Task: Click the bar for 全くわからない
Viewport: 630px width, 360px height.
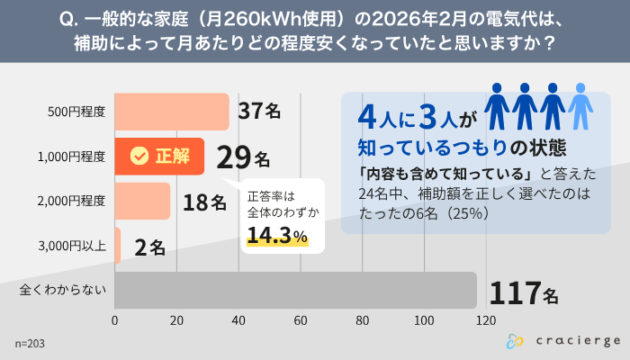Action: tap(295, 290)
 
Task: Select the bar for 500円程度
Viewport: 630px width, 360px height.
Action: tap(172, 112)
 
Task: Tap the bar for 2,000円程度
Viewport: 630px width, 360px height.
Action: tap(142, 201)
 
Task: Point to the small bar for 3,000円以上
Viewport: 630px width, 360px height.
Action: tap(118, 246)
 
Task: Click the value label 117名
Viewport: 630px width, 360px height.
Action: tap(523, 292)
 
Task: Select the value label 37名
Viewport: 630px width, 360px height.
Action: tap(260, 112)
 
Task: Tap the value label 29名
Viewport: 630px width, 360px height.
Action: tap(243, 157)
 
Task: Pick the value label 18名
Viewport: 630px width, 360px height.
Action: tap(204, 202)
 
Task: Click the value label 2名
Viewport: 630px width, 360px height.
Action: tap(149, 247)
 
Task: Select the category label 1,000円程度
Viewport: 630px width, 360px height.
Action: tap(71, 157)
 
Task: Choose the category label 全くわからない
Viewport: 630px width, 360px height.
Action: tap(63, 290)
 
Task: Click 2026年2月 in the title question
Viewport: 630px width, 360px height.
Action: tap(409, 19)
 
